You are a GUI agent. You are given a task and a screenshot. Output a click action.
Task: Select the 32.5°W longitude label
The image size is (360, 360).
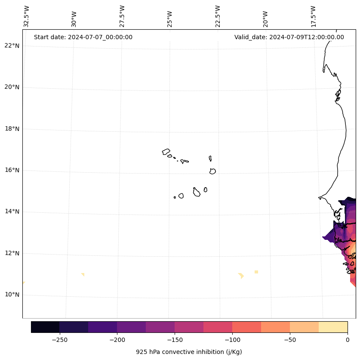(26, 16)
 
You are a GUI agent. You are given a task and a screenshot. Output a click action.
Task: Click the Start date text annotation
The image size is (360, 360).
(83, 37)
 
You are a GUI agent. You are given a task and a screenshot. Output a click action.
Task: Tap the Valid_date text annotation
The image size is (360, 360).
(289, 37)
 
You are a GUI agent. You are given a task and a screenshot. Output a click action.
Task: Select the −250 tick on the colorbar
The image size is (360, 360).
(59, 340)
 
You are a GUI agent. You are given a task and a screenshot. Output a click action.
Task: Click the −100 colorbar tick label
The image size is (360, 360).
(232, 340)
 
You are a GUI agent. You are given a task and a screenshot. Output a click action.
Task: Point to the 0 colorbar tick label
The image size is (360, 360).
(348, 340)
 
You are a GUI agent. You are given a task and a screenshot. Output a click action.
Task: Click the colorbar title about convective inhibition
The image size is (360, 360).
(189, 352)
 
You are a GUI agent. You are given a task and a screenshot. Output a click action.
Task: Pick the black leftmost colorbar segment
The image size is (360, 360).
(45, 327)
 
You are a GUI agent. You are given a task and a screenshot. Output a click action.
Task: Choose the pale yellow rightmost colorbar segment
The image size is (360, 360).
(333, 327)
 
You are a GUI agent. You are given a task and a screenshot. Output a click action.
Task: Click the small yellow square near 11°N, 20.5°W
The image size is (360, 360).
(256, 272)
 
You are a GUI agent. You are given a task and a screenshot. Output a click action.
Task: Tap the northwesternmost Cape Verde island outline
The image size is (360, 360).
(166, 152)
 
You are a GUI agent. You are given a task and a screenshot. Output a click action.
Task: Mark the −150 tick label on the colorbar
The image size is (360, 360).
(175, 340)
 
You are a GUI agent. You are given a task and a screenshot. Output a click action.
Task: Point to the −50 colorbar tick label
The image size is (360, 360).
(290, 340)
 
